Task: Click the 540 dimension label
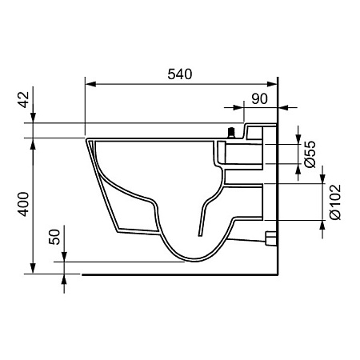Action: click(x=180, y=74)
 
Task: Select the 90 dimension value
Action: click(x=259, y=99)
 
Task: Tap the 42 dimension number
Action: click(x=24, y=99)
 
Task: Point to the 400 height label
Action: click(x=24, y=204)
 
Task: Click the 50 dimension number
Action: click(x=54, y=237)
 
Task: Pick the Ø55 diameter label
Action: click(x=310, y=154)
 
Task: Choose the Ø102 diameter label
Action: click(x=335, y=202)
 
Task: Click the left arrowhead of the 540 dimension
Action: click(x=90, y=84)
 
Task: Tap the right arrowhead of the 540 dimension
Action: click(x=272, y=84)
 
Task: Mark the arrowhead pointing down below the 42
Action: click(x=33, y=118)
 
